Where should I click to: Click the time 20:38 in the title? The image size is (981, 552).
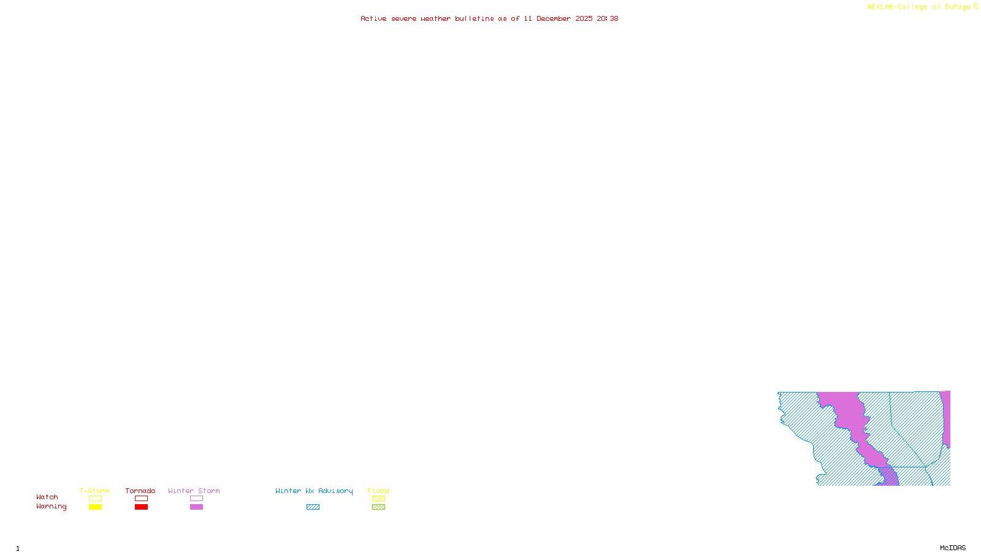tap(607, 18)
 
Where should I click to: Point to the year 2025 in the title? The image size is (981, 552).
tap(584, 18)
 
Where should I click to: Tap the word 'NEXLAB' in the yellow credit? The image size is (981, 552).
tap(880, 7)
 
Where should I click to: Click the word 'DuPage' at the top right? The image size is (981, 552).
tap(957, 7)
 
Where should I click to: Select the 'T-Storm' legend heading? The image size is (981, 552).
tap(94, 491)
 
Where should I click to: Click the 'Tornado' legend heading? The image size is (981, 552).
tap(140, 491)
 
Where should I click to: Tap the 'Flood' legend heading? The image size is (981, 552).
tap(378, 491)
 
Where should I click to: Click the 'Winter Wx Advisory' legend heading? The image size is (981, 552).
tap(314, 491)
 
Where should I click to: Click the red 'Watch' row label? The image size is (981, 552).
tap(47, 497)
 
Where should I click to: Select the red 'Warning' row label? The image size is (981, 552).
tap(52, 507)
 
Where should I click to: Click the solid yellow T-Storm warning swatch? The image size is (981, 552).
tap(95, 507)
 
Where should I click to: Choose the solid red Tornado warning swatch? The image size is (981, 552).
tap(141, 507)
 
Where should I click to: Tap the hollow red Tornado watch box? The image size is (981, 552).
tap(141, 499)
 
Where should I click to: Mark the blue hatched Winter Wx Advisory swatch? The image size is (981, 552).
tap(313, 507)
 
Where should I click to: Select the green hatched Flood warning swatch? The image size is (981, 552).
tap(378, 507)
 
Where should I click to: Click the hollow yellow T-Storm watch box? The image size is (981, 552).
tap(95, 499)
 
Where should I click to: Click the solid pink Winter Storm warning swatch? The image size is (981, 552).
tap(196, 507)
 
